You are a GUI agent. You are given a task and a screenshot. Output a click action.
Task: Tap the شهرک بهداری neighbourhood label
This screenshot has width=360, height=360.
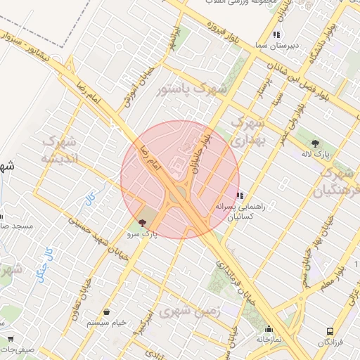pyautogui.click(x=252, y=132)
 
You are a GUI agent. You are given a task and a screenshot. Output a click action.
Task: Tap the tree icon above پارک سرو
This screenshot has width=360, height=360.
pyautogui.click(x=143, y=222)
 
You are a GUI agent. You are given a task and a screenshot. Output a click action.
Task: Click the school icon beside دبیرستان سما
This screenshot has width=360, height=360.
pyautogui.click(x=276, y=34)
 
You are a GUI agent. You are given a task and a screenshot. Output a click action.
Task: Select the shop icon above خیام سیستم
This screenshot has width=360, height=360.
pyautogui.click(x=106, y=311)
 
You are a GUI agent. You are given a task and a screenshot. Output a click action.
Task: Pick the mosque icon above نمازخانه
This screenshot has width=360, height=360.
pyautogui.click(x=268, y=328)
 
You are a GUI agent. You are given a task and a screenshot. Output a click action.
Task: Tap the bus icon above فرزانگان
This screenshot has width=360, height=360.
pyautogui.click(x=330, y=331)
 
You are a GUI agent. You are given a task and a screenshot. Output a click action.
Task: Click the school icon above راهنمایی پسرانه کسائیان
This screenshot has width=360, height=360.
pyautogui.click(x=240, y=195)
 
